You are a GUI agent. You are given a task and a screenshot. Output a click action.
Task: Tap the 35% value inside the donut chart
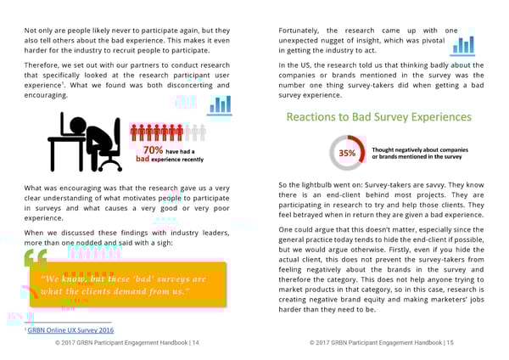tap(347, 153)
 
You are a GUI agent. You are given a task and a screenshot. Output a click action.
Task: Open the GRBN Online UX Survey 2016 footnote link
tap(70, 330)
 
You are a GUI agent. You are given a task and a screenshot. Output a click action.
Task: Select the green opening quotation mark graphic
tap(35, 258)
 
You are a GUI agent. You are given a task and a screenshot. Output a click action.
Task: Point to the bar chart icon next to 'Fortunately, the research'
tap(463, 43)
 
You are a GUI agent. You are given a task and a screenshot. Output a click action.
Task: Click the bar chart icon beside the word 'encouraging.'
tap(220, 105)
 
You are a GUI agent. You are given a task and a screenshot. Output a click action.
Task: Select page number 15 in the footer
tap(450, 343)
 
